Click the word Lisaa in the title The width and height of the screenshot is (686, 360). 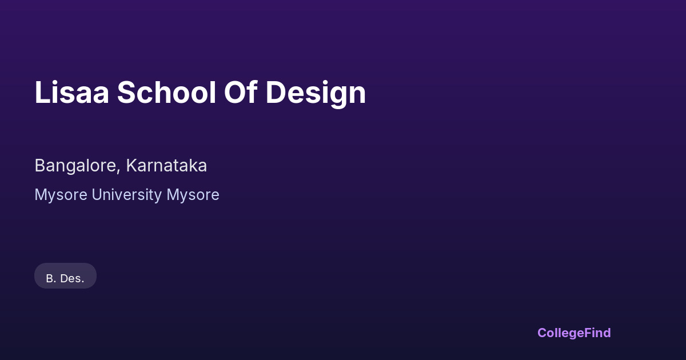(x=71, y=92)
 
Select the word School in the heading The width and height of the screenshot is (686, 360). (x=166, y=92)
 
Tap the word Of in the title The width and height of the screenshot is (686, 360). (x=241, y=92)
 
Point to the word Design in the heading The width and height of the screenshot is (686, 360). (x=316, y=94)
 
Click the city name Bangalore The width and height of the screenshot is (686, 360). (x=75, y=166)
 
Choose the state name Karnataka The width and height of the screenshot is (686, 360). (x=166, y=165)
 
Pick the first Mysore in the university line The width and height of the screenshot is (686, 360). (x=61, y=195)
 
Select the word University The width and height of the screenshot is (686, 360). (x=127, y=195)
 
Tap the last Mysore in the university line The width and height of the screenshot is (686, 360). (x=193, y=195)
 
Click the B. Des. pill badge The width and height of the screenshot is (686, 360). (x=65, y=275)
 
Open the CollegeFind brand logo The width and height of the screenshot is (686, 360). (x=574, y=333)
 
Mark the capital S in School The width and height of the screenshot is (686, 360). (x=126, y=92)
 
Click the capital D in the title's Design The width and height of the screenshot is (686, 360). (x=276, y=93)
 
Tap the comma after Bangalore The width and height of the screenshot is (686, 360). (x=118, y=171)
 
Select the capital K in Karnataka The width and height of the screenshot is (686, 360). (x=131, y=165)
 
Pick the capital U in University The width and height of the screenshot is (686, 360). (x=97, y=194)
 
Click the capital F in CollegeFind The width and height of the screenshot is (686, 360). (x=588, y=333)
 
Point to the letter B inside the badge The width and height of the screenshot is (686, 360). (x=50, y=278)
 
